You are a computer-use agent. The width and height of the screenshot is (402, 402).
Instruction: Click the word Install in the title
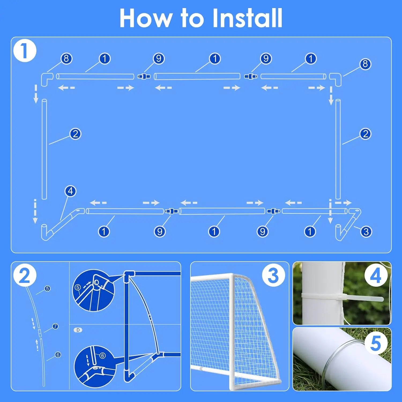[x=247, y=18]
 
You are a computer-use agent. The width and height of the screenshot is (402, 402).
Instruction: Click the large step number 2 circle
[x=25, y=276]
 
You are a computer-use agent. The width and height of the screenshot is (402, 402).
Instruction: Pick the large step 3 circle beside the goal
[x=273, y=276]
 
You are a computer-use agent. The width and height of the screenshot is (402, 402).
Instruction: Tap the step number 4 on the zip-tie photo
[x=376, y=276]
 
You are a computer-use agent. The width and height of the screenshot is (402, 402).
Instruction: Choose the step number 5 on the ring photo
[x=376, y=343]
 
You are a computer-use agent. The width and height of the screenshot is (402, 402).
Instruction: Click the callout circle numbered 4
[x=70, y=191]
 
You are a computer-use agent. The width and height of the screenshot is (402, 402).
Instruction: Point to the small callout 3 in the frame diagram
[x=366, y=232]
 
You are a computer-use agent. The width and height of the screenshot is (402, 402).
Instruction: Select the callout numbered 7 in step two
[x=55, y=326]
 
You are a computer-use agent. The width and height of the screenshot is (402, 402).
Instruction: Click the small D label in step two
[x=78, y=330]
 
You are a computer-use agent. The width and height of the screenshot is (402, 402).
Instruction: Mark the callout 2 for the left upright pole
[x=75, y=134]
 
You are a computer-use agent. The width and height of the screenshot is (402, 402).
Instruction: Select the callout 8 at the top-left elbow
[x=66, y=58]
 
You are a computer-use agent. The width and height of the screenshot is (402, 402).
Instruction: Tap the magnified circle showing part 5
[x=93, y=291]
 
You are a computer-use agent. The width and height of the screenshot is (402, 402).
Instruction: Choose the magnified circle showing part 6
[x=94, y=366]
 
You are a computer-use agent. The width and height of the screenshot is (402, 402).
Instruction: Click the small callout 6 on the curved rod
[x=58, y=355]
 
